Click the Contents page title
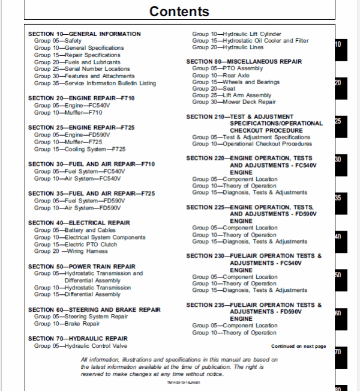[179, 11]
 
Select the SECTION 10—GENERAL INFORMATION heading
[85, 34]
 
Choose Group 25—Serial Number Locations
[82, 69]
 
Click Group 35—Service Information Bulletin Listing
[95, 83]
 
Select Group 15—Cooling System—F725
[80, 149]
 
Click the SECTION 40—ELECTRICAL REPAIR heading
[79, 222]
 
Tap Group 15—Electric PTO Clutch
[76, 244]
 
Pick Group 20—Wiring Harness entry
[71, 251]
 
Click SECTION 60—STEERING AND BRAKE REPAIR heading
[94, 309]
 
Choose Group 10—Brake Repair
[67, 323]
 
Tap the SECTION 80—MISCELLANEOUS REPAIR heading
[244, 61]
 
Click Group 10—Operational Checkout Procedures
[252, 144]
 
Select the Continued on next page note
[298, 346]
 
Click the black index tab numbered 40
[338, 237]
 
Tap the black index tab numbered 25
[338, 121]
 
